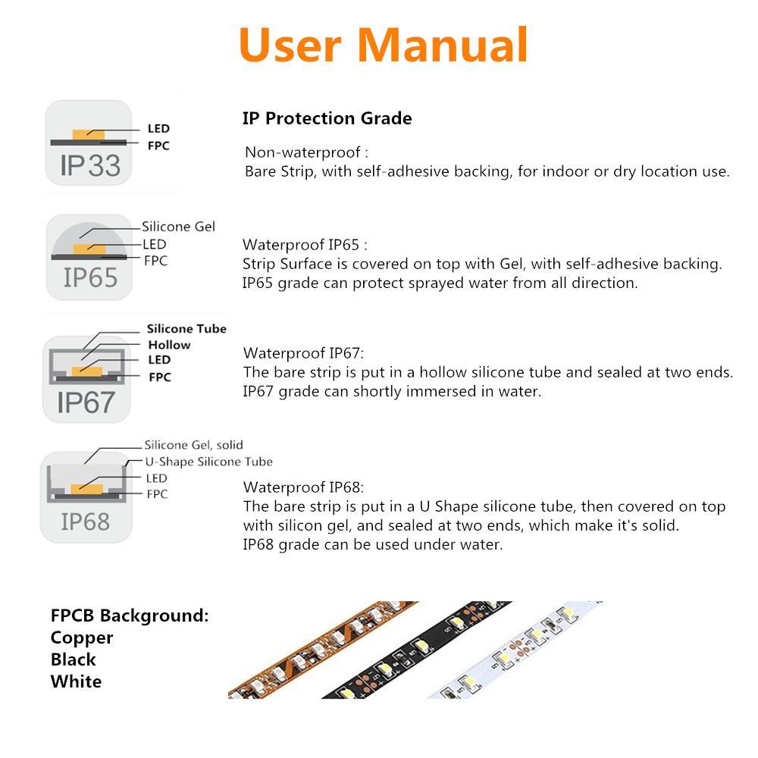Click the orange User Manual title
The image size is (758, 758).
point(383,45)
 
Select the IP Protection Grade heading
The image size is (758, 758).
point(327,118)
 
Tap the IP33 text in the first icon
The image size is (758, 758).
point(89,165)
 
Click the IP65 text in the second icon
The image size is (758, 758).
point(90,278)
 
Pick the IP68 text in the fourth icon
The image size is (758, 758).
point(85,522)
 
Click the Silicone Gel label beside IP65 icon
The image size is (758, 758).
point(178,227)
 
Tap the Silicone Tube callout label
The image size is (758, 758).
point(186,328)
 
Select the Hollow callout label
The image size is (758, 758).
point(169,345)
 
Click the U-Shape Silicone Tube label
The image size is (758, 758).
point(208,462)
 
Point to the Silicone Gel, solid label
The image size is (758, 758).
point(193,445)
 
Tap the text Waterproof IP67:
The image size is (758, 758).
point(303,353)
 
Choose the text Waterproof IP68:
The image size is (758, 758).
point(303,487)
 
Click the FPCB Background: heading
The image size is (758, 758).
point(129,615)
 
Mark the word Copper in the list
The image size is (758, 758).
point(82,637)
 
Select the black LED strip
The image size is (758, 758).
point(409,652)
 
